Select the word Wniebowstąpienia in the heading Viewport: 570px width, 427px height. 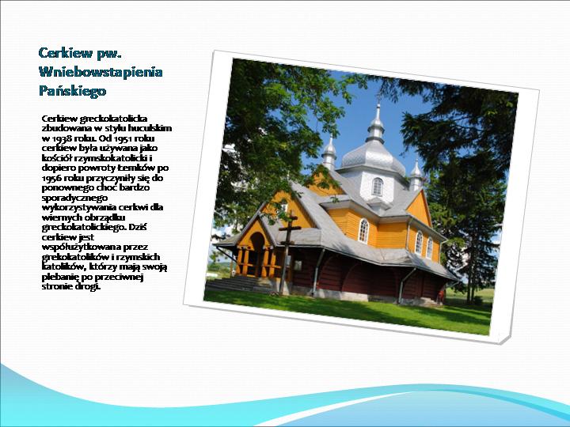coord(101,72)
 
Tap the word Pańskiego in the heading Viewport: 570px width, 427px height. coord(72,90)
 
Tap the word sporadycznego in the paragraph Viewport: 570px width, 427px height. coord(74,198)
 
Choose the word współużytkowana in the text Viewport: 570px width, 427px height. coord(82,248)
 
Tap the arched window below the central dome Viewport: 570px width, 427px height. coord(378,187)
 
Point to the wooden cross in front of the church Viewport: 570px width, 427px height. coord(288,251)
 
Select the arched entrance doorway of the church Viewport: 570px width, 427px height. coord(257,254)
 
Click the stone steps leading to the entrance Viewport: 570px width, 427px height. coord(240,284)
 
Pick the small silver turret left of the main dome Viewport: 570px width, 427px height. coord(329,153)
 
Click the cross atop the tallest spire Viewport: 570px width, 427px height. coord(378,98)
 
